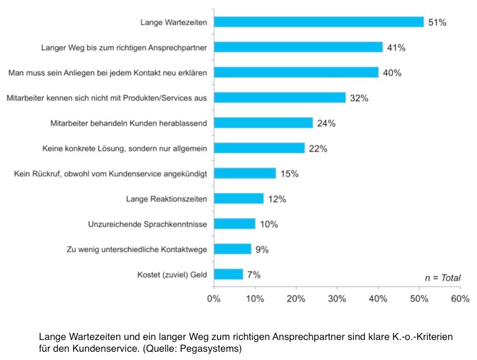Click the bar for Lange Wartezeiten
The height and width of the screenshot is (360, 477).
pos(319,22)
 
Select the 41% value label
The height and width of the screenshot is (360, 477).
pos(396,48)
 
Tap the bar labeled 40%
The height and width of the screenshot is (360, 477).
pos(297,72)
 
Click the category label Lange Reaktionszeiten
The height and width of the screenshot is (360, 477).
pos(166,199)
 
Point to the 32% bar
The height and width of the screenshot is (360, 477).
pos(280,98)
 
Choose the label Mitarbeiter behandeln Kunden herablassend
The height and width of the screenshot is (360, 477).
pos(129,124)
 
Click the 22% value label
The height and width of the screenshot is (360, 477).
pos(318,148)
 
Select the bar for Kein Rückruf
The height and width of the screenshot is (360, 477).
pos(245,173)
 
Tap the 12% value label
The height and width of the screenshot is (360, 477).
pos(277,199)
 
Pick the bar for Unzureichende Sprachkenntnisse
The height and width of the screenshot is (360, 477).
pos(235,224)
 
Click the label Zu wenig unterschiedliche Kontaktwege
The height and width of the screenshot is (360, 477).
pos(137,250)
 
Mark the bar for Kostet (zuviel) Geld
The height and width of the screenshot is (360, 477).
pos(228,274)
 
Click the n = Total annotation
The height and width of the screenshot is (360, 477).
pos(443,278)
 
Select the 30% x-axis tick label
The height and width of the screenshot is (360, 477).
pos(337,299)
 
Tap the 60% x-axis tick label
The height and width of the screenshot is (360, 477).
pos(460,299)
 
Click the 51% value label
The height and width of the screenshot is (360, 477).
pos(437,22)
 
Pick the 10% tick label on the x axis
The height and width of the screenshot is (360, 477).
pos(255,299)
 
